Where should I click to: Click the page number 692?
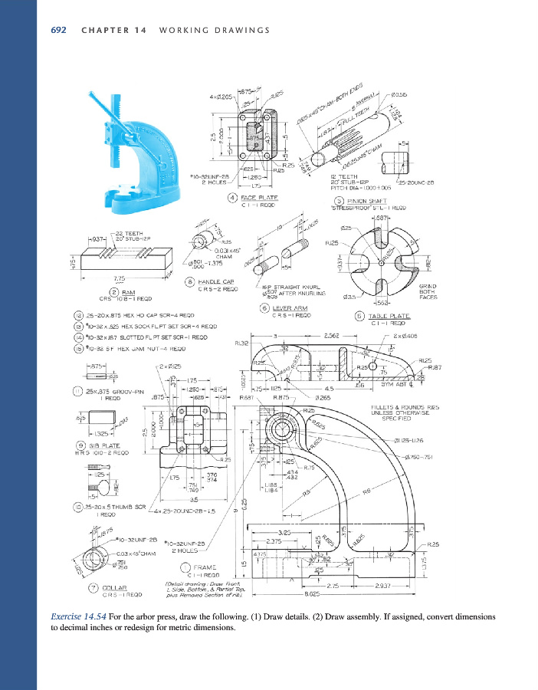(x=57, y=30)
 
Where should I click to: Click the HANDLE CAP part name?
(x=216, y=282)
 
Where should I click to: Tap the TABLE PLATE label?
(x=389, y=316)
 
